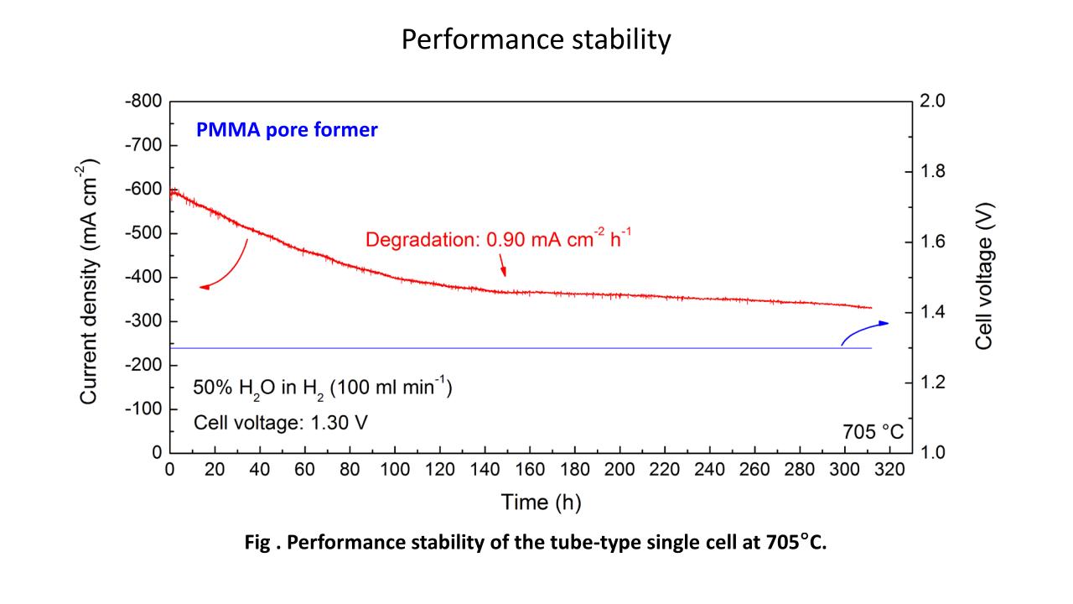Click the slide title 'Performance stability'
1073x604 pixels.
click(x=536, y=40)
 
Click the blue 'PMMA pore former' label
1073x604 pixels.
click(x=287, y=131)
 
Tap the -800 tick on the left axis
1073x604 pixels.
click(x=143, y=102)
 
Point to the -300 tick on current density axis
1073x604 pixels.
click(x=143, y=321)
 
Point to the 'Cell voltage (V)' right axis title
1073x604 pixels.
click(x=984, y=276)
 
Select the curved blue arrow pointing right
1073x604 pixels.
click(x=863, y=331)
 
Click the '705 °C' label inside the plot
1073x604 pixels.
click(x=873, y=431)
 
